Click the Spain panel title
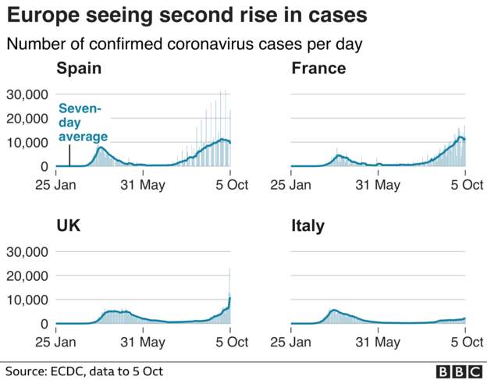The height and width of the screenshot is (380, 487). pyautogui.click(x=79, y=69)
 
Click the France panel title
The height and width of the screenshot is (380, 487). pyautogui.click(x=318, y=69)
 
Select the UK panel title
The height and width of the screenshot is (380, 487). pyautogui.click(x=68, y=226)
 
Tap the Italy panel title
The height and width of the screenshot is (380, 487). pyautogui.click(x=307, y=226)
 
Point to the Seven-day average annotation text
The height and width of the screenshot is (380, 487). pyautogui.click(x=83, y=123)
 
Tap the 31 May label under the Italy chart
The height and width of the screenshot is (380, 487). pyautogui.click(x=378, y=343)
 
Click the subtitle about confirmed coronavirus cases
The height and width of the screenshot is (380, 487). pyautogui.click(x=185, y=44)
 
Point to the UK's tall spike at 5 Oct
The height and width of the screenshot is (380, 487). pyautogui.click(x=229, y=281)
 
